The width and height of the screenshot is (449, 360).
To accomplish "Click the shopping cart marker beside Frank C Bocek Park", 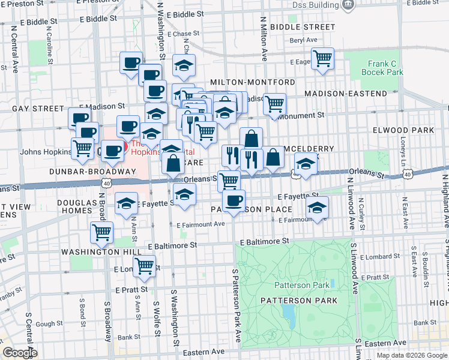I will tap(323, 58).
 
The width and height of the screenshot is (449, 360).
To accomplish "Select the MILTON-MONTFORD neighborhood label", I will tap(252, 82).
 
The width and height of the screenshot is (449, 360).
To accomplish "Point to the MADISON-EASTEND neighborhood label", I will tap(346, 94).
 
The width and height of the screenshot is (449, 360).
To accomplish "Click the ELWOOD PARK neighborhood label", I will tap(411, 130).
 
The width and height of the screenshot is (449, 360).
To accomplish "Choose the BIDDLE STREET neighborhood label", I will tap(303, 27).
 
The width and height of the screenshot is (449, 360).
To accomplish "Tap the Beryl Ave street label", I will tap(303, 40).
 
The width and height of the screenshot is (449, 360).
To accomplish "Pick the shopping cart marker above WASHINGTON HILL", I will tap(101, 231).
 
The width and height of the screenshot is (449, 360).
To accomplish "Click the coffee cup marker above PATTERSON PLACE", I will tap(234, 200).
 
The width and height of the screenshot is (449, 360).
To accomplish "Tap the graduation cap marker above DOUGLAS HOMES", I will tap(126, 203).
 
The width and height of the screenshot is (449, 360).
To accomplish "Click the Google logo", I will tap(20, 352).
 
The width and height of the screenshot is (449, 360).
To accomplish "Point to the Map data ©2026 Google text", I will tap(411, 355).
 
